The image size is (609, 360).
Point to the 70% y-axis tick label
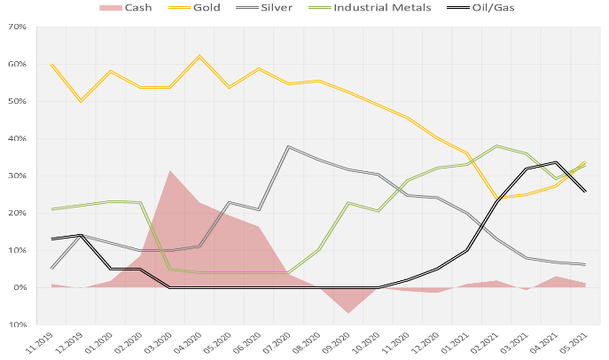(17, 27)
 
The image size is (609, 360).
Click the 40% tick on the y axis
(17, 139)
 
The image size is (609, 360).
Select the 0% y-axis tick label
(20, 288)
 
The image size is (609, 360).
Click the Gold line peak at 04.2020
(199, 56)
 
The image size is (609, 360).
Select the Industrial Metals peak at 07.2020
(289, 146)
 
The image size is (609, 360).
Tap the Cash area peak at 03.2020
(170, 170)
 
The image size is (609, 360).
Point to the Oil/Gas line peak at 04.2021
(556, 162)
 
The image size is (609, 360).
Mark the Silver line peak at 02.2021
(497, 145)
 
